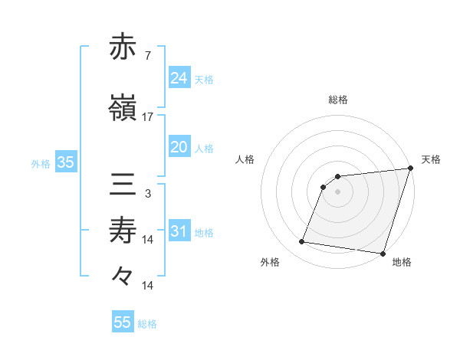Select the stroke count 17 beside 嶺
tap(148, 117)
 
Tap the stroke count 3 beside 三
tap(148, 194)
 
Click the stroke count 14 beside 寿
tap(148, 240)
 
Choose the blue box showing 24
tap(179, 78)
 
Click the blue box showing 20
tap(179, 147)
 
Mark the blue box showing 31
tap(179, 231)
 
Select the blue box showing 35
tap(65, 162)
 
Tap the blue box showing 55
tap(123, 322)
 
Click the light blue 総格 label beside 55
tap(147, 324)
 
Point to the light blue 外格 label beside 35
tap(41, 163)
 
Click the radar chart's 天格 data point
tap(409, 169)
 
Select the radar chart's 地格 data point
tap(383, 253)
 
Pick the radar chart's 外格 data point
tap(302, 242)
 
